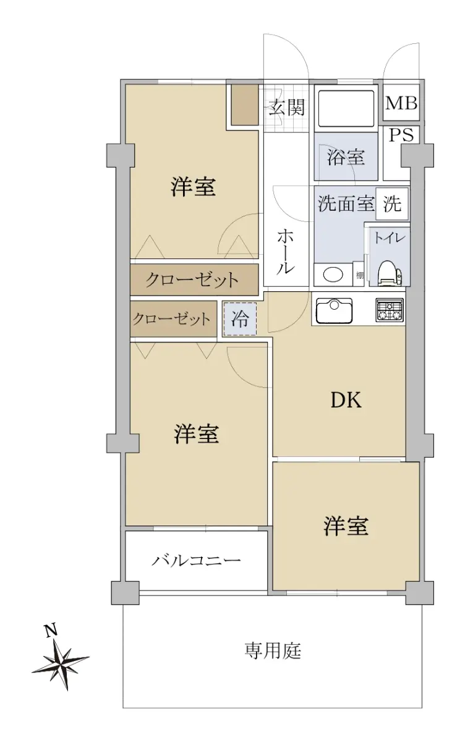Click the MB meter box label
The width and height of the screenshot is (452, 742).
pos(401,103)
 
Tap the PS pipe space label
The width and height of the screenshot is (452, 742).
pos(401,135)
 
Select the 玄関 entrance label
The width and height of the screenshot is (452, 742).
pos(286,108)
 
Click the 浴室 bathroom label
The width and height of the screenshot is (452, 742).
pos(346,156)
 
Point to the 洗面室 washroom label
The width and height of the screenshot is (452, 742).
pos(346,203)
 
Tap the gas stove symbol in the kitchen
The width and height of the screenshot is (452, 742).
pos(389,310)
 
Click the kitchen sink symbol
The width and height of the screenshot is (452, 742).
pos(334,310)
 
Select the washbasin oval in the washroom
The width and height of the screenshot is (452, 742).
pos(333,275)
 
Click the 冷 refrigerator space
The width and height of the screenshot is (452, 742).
pos(240,318)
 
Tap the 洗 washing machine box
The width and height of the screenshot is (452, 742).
pos(392,203)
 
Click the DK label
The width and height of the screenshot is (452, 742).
pos(346,400)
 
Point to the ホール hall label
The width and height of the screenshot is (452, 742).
pos(285,252)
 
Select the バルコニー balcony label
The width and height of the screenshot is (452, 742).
pos(196,560)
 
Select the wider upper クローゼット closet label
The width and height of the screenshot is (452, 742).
pos(192,280)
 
